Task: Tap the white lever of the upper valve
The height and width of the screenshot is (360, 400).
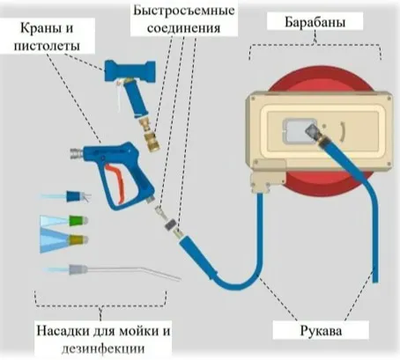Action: [x=115, y=99]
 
